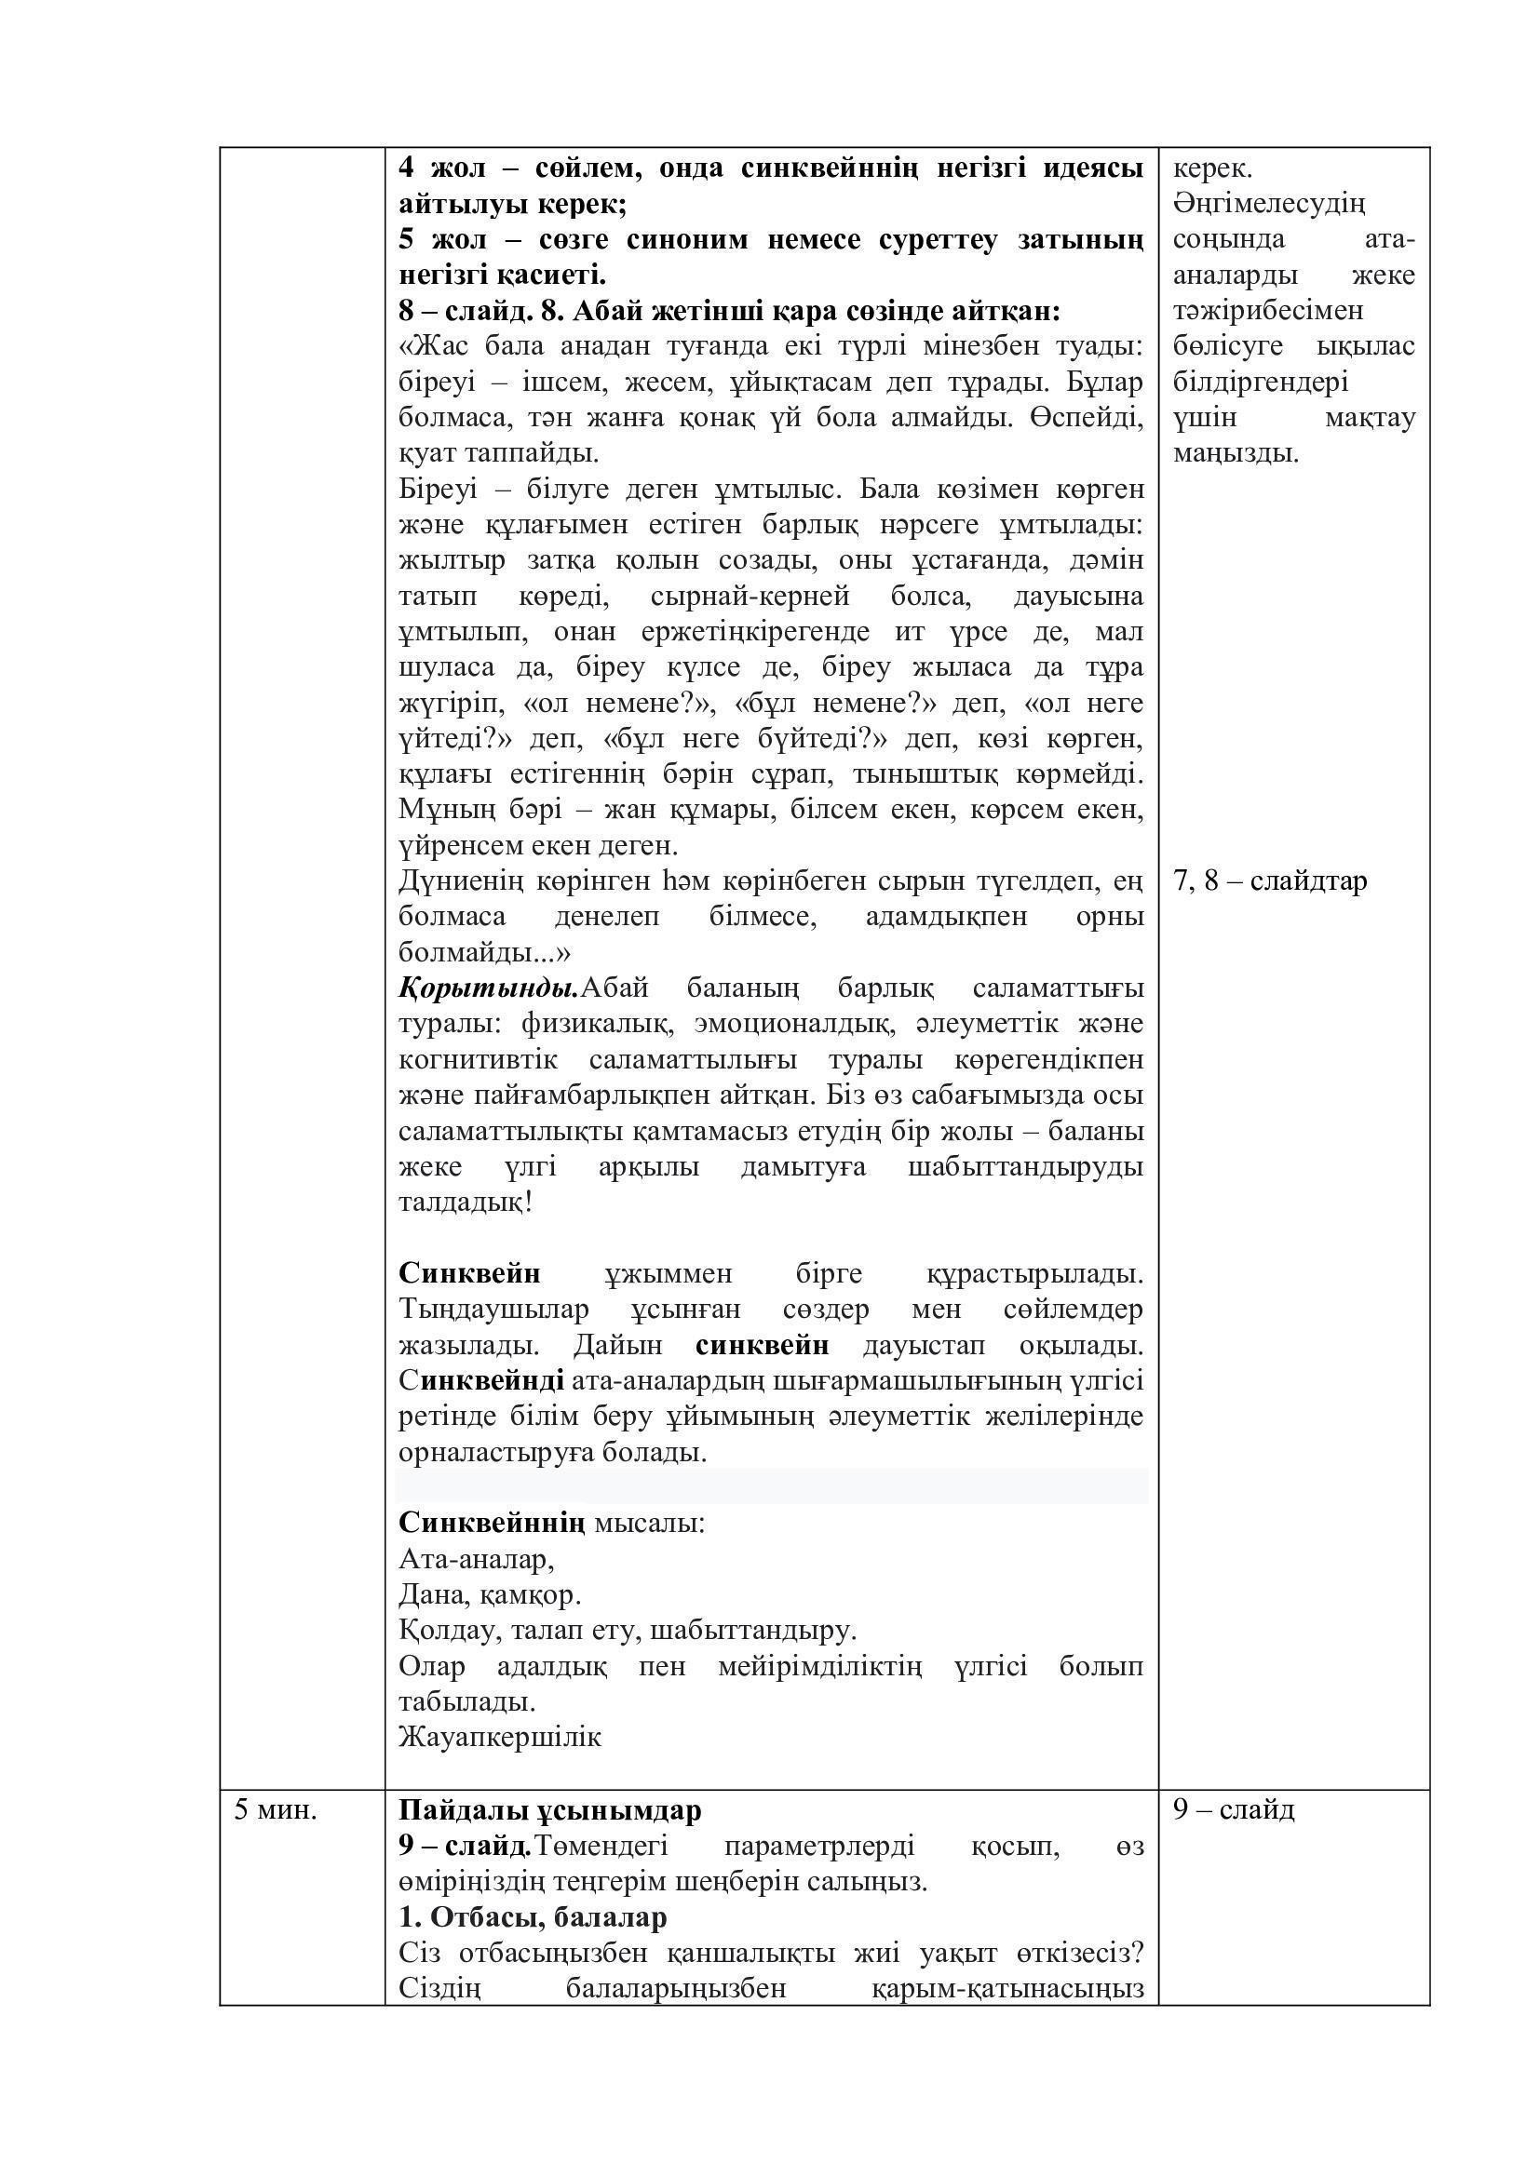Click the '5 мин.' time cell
point(275,1810)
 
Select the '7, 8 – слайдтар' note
point(1270,880)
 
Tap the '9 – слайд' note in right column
point(1233,1809)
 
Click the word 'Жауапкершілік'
point(500,1737)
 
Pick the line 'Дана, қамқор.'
point(490,1595)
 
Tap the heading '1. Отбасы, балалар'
point(533,1917)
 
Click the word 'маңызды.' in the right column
point(1236,453)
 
